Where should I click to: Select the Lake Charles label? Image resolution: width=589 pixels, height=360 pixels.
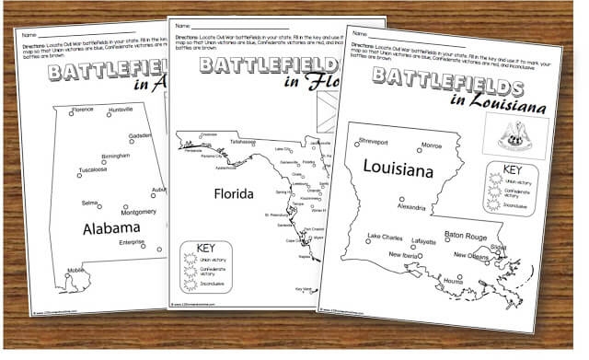(x=385, y=238)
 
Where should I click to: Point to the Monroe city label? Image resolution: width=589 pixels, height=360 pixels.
(x=431, y=145)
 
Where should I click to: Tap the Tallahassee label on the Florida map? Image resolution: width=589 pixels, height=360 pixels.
(x=243, y=143)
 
